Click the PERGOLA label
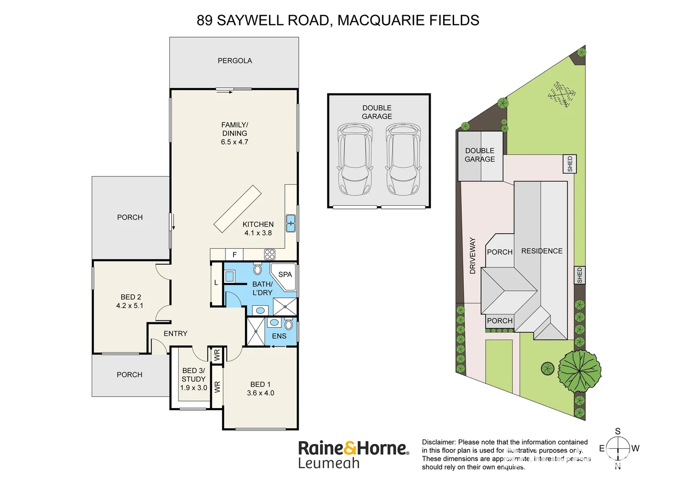(x=234, y=61)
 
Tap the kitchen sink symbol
(x=290, y=223)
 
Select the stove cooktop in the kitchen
(x=269, y=254)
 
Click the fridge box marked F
(x=234, y=254)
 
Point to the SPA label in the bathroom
(x=285, y=274)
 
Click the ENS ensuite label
(x=279, y=336)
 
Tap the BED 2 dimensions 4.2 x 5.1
(x=130, y=305)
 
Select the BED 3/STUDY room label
(x=194, y=375)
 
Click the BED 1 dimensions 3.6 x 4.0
(x=261, y=393)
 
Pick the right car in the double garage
(x=403, y=159)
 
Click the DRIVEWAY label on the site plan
(x=472, y=256)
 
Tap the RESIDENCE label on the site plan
(x=541, y=251)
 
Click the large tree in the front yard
(x=579, y=371)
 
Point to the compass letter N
(x=618, y=466)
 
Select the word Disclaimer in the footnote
(x=439, y=442)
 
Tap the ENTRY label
(x=175, y=333)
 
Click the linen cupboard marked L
(x=216, y=282)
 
